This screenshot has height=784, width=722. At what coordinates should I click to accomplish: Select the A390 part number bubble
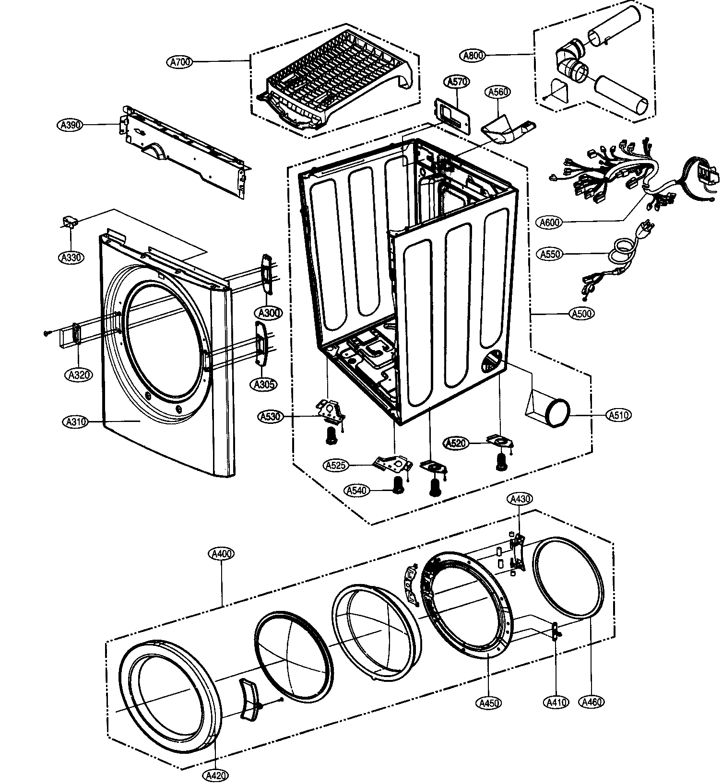click(x=71, y=125)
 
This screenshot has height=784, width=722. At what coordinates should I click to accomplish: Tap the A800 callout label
click(x=473, y=56)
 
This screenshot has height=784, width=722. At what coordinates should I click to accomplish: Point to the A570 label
click(x=458, y=82)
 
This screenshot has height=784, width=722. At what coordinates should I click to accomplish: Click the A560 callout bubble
click(x=498, y=92)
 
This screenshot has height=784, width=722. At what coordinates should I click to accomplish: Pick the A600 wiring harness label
click(x=550, y=222)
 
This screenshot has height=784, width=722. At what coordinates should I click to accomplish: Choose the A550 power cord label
click(x=550, y=254)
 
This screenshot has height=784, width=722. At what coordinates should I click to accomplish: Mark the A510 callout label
click(x=619, y=415)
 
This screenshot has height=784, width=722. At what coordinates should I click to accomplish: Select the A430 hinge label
click(x=520, y=500)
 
